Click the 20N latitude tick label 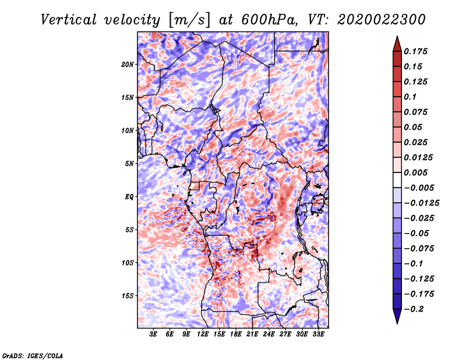click(x=128, y=65)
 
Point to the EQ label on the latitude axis click(x=129, y=197)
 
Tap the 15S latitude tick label click(x=128, y=296)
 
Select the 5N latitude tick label click(x=129, y=164)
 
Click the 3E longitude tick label click(x=153, y=334)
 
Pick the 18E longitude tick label click(x=236, y=334)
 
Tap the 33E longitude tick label click(x=318, y=334)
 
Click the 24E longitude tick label click(x=269, y=334)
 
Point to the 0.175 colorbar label click(x=415, y=51)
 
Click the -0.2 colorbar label click(x=414, y=309)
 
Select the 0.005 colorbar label click(x=415, y=172)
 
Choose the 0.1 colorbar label click(x=410, y=97)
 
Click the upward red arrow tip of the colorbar click(x=397, y=36)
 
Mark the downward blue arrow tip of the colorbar click(x=397, y=323)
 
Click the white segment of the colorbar click(x=397, y=180)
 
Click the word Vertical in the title click(x=69, y=20)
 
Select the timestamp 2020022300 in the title click(x=382, y=20)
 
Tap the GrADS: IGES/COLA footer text click(x=33, y=355)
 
